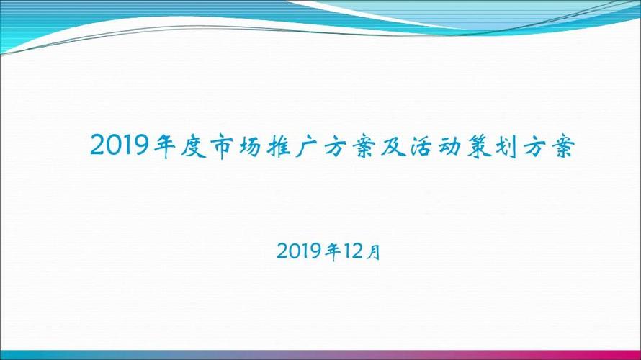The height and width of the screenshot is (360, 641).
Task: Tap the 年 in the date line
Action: [x=333, y=251]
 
